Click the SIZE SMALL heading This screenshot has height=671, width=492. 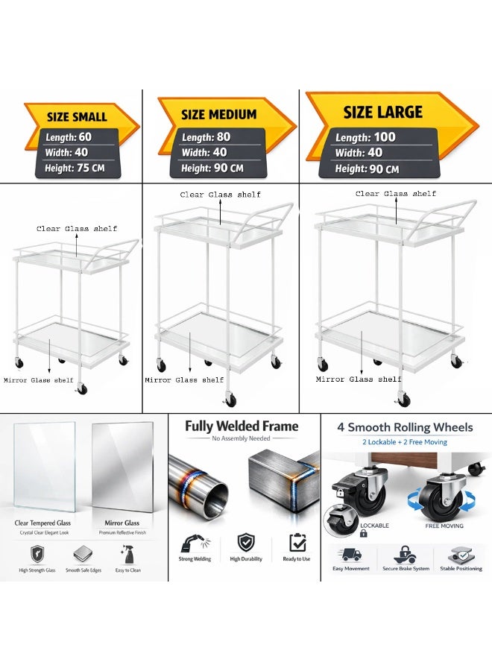(x=77, y=116)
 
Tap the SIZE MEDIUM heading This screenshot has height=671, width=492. (x=218, y=114)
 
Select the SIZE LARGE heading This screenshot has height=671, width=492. (x=383, y=112)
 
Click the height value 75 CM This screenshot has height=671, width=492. (x=90, y=168)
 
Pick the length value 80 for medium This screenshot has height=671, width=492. (x=224, y=137)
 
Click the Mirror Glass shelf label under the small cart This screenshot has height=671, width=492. (x=39, y=380)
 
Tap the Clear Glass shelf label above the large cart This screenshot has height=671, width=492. (x=396, y=193)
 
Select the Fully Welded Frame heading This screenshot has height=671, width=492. (x=242, y=426)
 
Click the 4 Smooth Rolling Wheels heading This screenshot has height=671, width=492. (x=405, y=427)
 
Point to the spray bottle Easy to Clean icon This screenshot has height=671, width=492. (x=127, y=554)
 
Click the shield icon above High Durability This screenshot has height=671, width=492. (x=246, y=542)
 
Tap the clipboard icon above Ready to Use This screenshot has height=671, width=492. (x=297, y=542)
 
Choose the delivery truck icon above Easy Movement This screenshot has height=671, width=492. (x=351, y=554)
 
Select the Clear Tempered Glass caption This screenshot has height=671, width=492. (x=42, y=523)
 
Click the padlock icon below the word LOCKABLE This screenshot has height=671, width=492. (x=363, y=533)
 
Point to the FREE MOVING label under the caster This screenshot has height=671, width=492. (x=444, y=526)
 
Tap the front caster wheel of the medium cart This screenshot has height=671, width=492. (x=230, y=400)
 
